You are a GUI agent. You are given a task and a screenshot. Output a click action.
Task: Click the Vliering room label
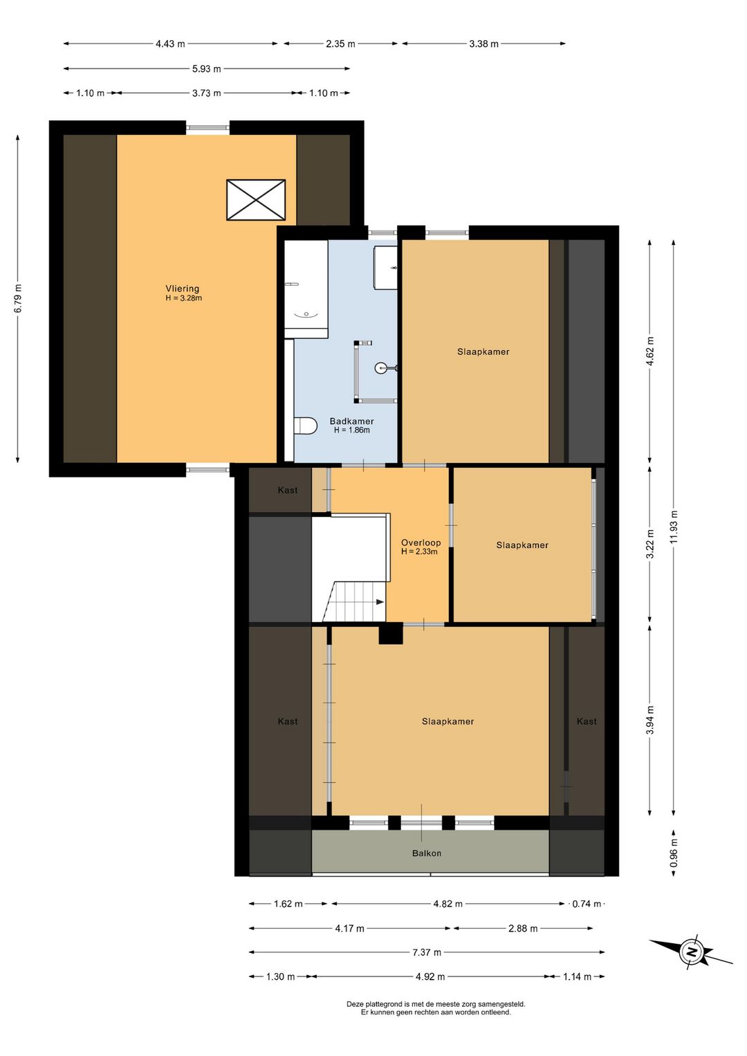[182, 288]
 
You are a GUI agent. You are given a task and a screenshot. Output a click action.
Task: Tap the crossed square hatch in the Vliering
[256, 199]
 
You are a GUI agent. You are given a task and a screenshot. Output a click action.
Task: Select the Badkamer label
[351, 421]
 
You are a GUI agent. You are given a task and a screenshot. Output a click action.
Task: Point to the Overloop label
[421, 543]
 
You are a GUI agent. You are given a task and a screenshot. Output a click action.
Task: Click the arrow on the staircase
[380, 602]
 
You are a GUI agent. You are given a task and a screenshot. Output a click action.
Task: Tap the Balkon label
[427, 853]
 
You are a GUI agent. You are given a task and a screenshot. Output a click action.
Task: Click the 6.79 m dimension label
[17, 298]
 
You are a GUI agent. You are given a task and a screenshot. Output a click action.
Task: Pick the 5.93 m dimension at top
[206, 69]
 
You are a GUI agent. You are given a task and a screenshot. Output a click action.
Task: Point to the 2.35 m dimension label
[340, 44]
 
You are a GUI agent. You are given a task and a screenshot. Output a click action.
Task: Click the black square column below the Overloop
[391, 633]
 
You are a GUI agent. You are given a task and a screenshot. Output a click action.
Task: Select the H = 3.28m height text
[184, 298]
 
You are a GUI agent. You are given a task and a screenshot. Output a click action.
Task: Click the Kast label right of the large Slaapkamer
[587, 721]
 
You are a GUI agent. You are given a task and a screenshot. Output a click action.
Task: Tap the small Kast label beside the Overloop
[288, 490]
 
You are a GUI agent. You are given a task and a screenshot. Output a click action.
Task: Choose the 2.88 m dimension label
[523, 928]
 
